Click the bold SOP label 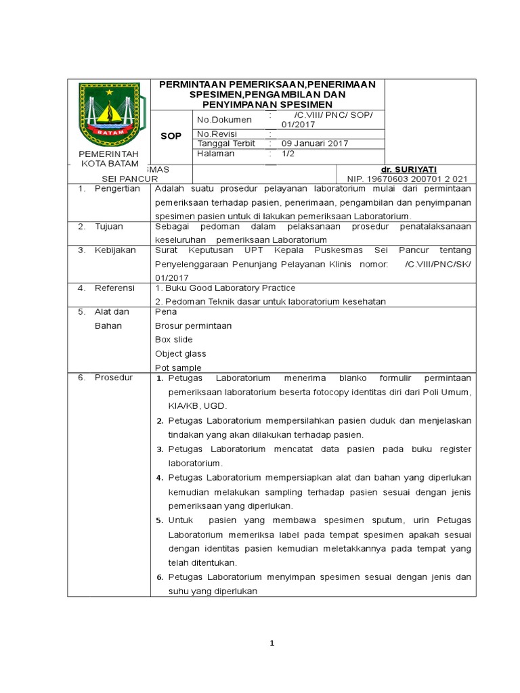coord(171,136)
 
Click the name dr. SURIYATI coord(408,169)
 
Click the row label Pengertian coord(116,189)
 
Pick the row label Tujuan coord(108,226)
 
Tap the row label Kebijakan coord(115,250)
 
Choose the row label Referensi coord(114,288)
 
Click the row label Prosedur coord(114,378)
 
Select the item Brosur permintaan coord(193,326)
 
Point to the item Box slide coord(174,340)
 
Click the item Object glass coord(180,353)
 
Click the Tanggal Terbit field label coord(225,143)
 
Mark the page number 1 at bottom coord(272,644)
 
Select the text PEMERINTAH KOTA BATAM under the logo coord(109,159)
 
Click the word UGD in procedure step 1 coord(215,406)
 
